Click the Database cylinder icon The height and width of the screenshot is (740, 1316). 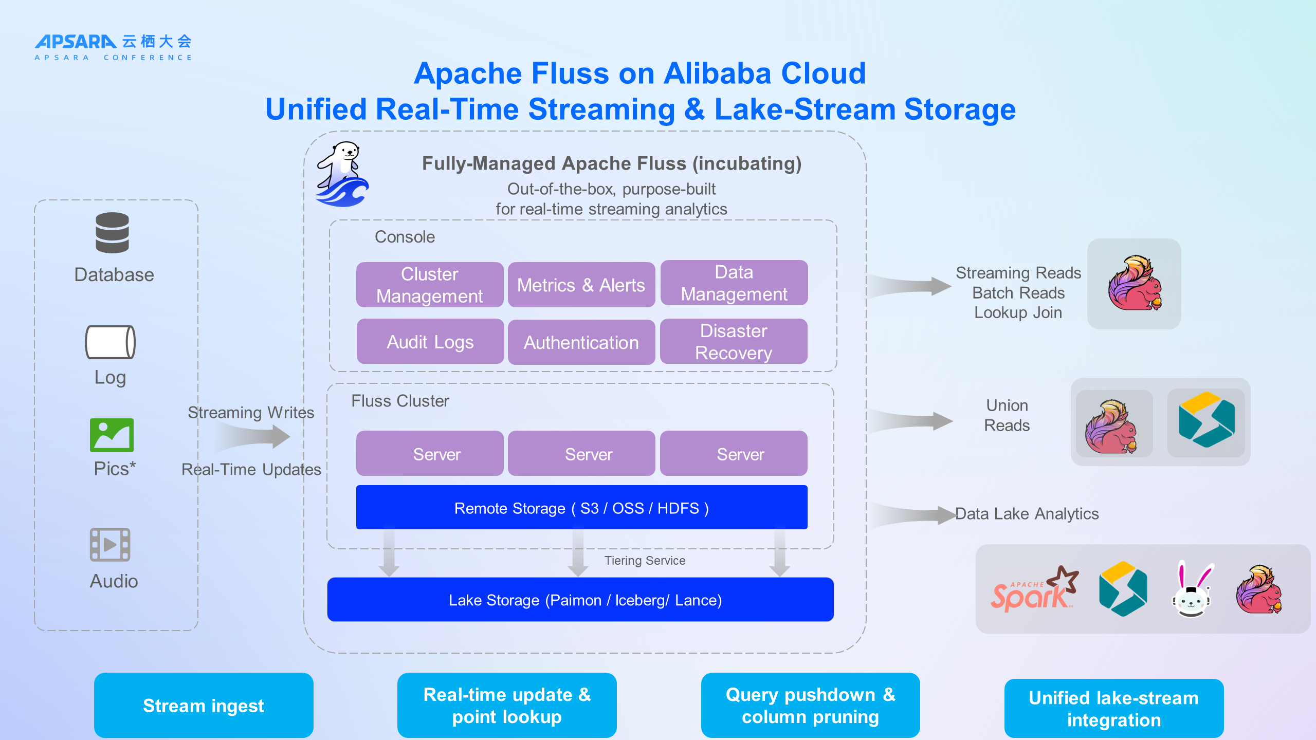tap(112, 233)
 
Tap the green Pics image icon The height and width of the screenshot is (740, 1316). tap(112, 435)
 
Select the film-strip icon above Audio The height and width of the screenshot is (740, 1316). tap(110, 544)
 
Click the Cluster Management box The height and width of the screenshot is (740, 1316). tap(429, 285)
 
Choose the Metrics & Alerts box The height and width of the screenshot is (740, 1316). tap(581, 285)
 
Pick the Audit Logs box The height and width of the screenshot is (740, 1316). tap(430, 342)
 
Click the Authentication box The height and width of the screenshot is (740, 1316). tap(581, 342)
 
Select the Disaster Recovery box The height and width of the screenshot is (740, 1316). tap(734, 342)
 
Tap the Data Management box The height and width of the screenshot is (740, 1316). tap(734, 283)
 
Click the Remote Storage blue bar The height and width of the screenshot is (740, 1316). tap(581, 508)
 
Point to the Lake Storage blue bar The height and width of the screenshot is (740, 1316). tap(580, 600)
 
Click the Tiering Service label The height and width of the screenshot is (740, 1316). tap(645, 561)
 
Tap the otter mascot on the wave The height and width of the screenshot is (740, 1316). tap(342, 175)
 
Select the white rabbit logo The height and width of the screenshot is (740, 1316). tap(1192, 589)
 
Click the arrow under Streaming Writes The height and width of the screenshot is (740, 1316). tap(254, 437)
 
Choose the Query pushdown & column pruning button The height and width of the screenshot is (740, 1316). tap(810, 705)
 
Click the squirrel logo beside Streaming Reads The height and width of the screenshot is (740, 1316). tap(1135, 284)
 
